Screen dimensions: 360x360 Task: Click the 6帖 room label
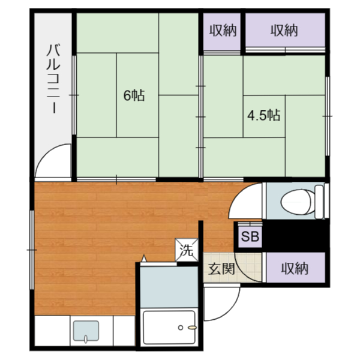point(133,95)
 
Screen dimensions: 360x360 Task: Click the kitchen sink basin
point(85,332)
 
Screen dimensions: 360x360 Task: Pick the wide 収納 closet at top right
point(284,30)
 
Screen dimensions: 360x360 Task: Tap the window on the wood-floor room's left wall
point(31,246)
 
